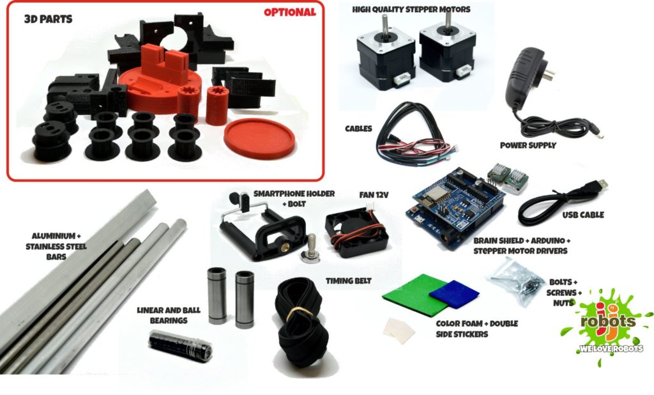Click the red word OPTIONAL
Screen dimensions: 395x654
[289, 12]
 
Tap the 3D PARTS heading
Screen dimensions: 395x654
[48, 19]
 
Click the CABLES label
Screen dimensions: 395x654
[359, 128]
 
